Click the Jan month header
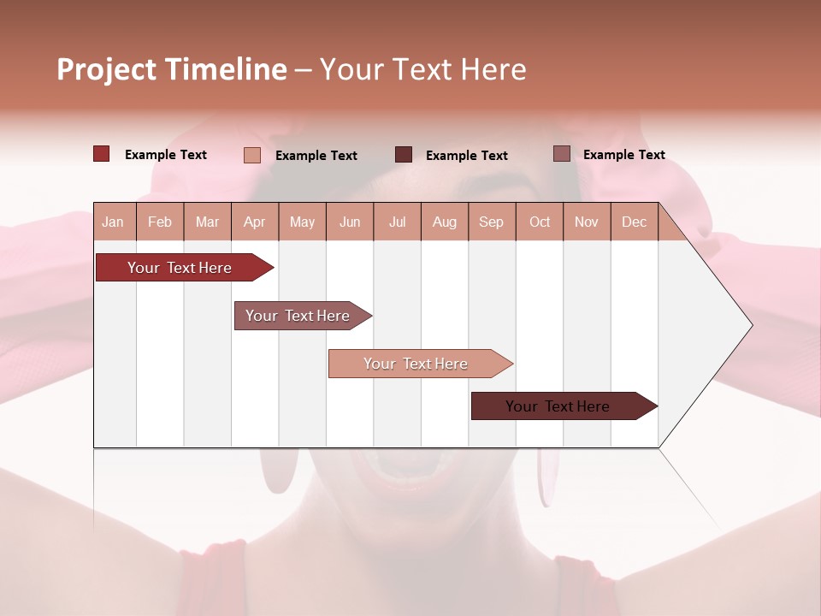[x=113, y=222]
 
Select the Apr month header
[x=254, y=222]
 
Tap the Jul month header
[x=397, y=222]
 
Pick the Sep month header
[x=491, y=222]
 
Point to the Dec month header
[x=634, y=222]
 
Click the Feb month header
[x=160, y=222]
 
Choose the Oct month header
[x=540, y=222]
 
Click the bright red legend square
[x=102, y=154]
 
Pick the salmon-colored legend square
[x=252, y=155]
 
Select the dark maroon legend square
[x=404, y=155]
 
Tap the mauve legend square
[x=562, y=154]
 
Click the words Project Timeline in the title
[x=172, y=69]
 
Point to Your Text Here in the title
[x=422, y=69]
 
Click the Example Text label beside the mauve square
[x=623, y=155]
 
